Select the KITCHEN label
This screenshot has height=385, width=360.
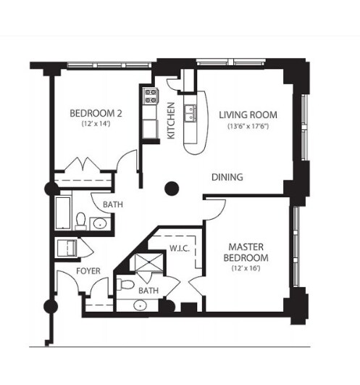[171, 120]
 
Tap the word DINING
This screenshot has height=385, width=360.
[227, 177]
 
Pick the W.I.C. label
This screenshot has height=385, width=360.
[179, 247]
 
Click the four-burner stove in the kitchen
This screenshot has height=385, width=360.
[151, 94]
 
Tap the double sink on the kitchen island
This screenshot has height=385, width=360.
[192, 113]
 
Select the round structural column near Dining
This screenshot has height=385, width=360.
[172, 189]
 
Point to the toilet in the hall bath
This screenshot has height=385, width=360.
[82, 218]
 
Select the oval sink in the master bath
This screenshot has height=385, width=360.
[140, 305]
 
